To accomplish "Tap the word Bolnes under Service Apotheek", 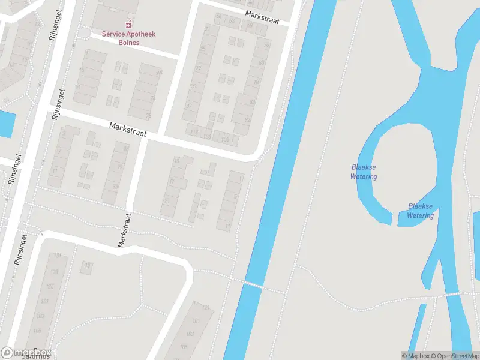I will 128,43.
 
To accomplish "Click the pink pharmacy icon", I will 128,25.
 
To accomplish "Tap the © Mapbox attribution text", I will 415,356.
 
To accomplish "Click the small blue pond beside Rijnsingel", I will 6,124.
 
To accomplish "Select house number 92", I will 247,119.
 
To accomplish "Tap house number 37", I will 189,106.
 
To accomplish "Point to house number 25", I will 203,49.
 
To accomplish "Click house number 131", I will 58,256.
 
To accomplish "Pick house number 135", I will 49,286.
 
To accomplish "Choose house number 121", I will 206,308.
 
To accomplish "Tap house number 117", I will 193,131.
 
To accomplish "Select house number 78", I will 149,115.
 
